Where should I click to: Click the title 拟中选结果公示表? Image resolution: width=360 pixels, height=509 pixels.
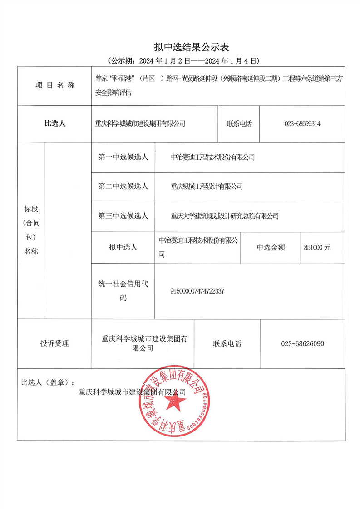click(x=180, y=47)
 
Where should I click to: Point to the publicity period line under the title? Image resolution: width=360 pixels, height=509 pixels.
click(x=180, y=60)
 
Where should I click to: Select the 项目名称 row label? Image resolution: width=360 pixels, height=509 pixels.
click(x=54, y=86)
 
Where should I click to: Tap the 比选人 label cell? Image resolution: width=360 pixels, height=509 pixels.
click(x=54, y=123)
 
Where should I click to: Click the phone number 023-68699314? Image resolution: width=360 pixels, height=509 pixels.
click(x=302, y=123)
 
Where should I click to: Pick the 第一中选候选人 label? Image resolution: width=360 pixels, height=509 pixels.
click(x=123, y=157)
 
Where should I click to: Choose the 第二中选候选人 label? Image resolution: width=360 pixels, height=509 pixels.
click(x=123, y=186)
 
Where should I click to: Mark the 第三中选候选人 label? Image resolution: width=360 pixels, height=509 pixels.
click(x=123, y=216)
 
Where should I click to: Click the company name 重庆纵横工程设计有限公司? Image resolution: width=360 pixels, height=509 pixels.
click(x=207, y=186)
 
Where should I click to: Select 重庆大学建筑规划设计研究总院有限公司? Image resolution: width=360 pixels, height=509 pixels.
click(x=224, y=216)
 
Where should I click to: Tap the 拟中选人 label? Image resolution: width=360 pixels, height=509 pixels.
click(x=123, y=247)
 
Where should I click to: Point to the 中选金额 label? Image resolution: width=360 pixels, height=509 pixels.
click(x=271, y=247)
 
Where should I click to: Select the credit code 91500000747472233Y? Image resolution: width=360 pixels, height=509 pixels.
click(x=197, y=291)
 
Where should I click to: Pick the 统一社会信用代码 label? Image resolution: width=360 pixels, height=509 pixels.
click(x=123, y=291)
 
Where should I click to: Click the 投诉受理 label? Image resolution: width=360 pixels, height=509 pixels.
click(x=54, y=343)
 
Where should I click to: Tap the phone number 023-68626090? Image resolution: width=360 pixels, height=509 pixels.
click(x=303, y=343)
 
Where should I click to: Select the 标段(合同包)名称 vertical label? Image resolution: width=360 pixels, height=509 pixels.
click(x=31, y=230)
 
